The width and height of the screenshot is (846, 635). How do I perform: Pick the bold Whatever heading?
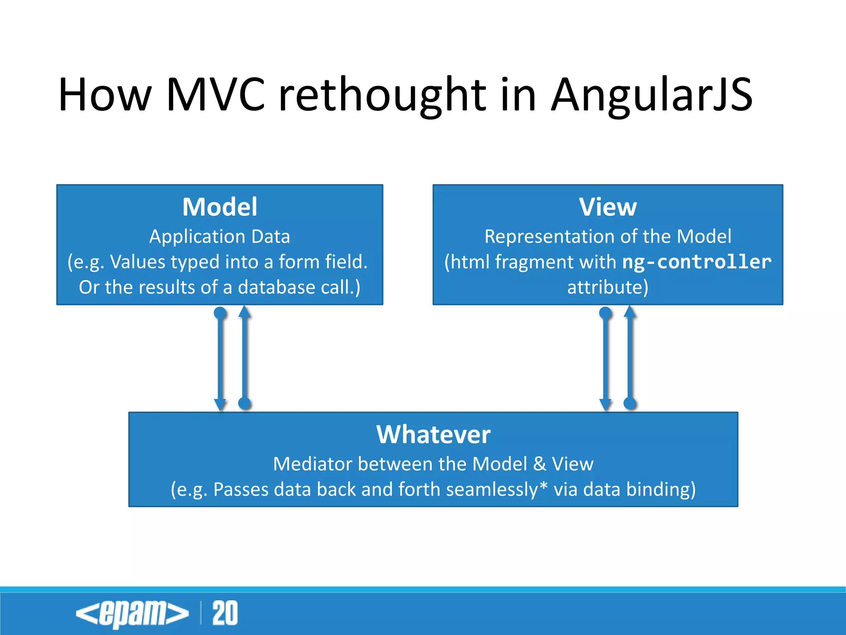coord(433,434)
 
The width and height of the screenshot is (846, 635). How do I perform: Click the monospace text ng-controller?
coord(697,262)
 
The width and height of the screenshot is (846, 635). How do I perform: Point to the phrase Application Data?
coord(220,236)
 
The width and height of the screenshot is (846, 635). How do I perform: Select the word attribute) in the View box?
coord(608,287)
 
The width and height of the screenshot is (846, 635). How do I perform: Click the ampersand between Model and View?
coord(539,464)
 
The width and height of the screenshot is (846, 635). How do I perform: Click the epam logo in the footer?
coord(132,614)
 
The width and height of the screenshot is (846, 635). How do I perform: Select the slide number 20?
coord(225,613)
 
